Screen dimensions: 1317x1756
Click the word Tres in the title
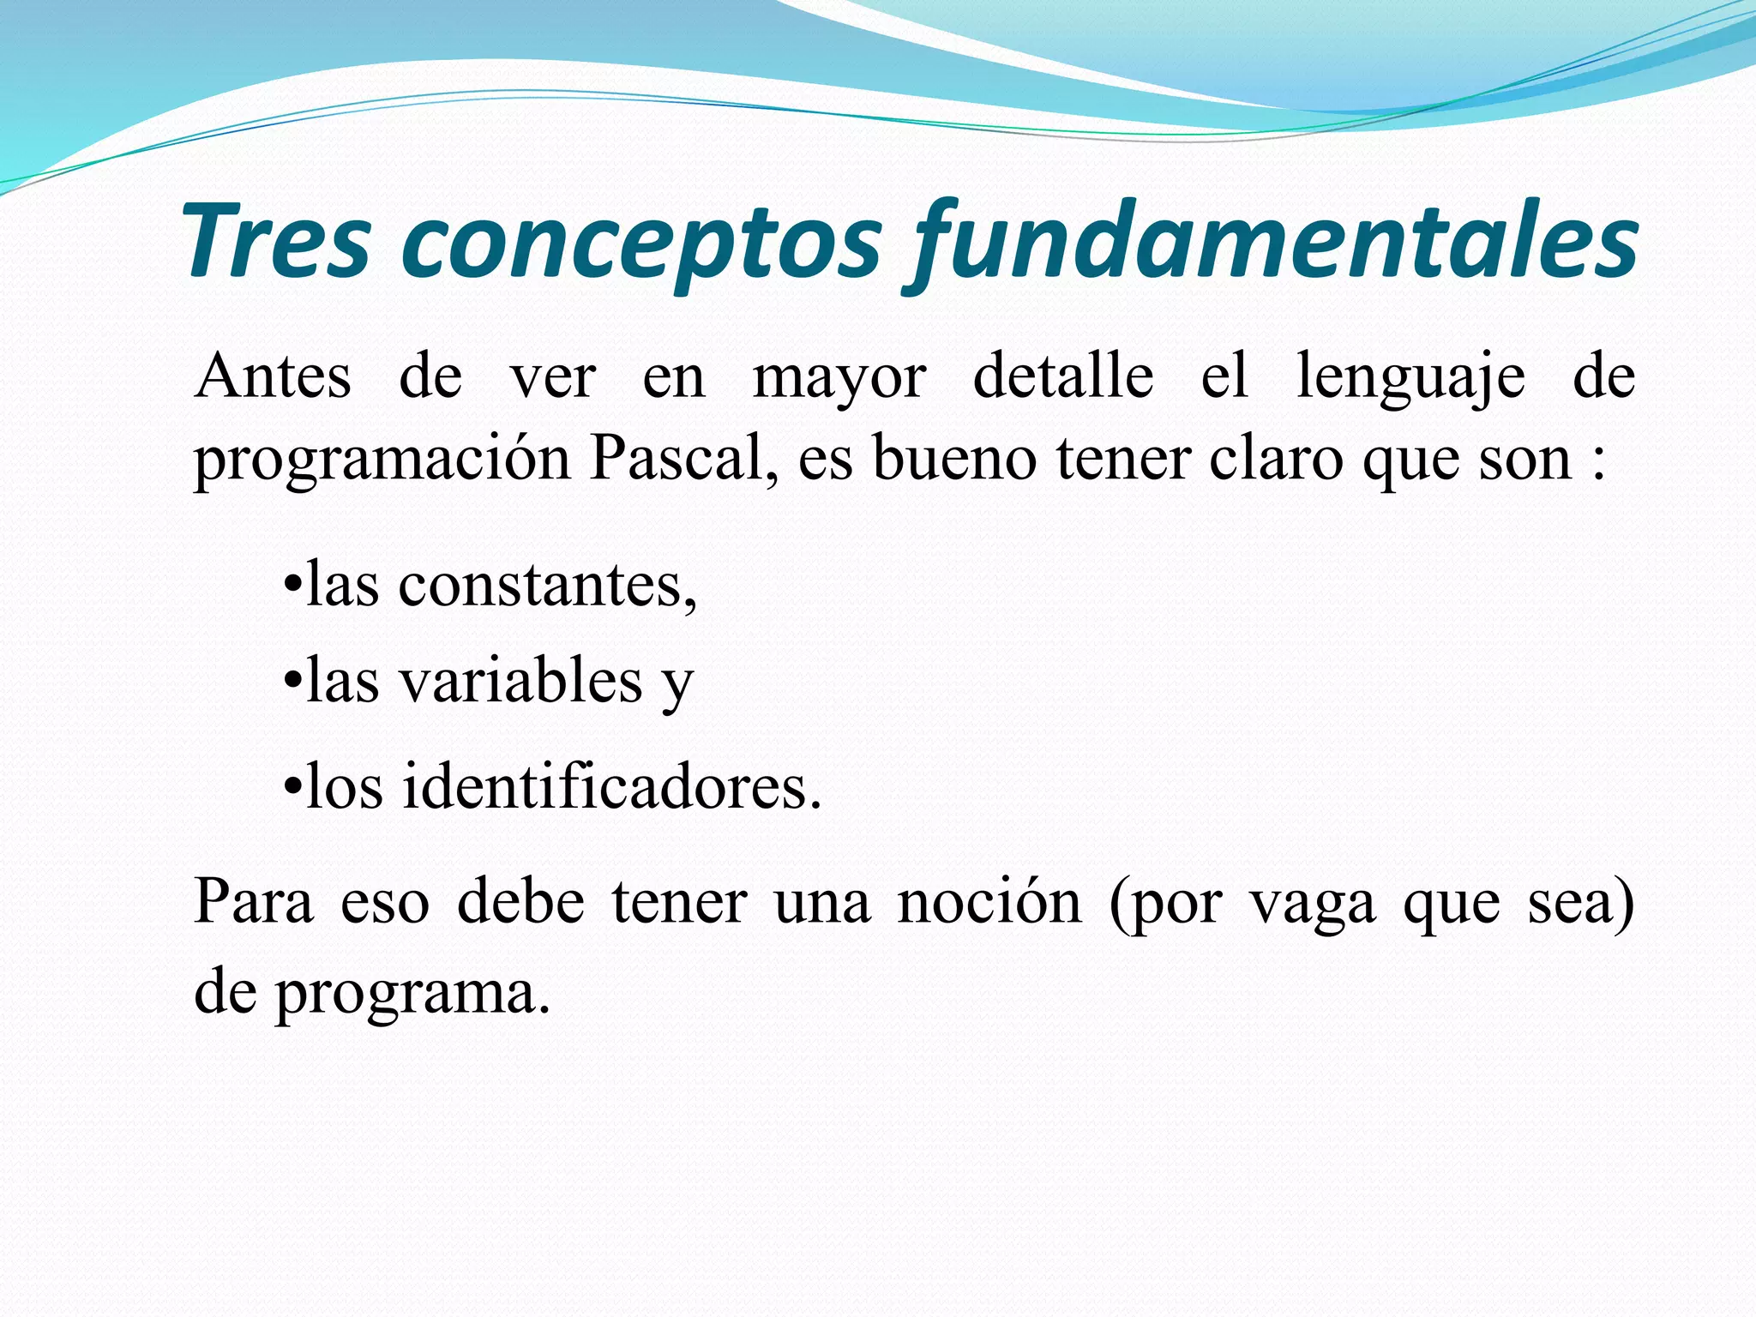276,242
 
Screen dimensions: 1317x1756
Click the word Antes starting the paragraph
273,377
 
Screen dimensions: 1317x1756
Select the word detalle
1063,377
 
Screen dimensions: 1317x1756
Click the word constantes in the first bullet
547,586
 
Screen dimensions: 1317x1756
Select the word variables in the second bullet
521,682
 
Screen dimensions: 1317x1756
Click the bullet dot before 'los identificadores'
292,786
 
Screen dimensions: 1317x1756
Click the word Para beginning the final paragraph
254,902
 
